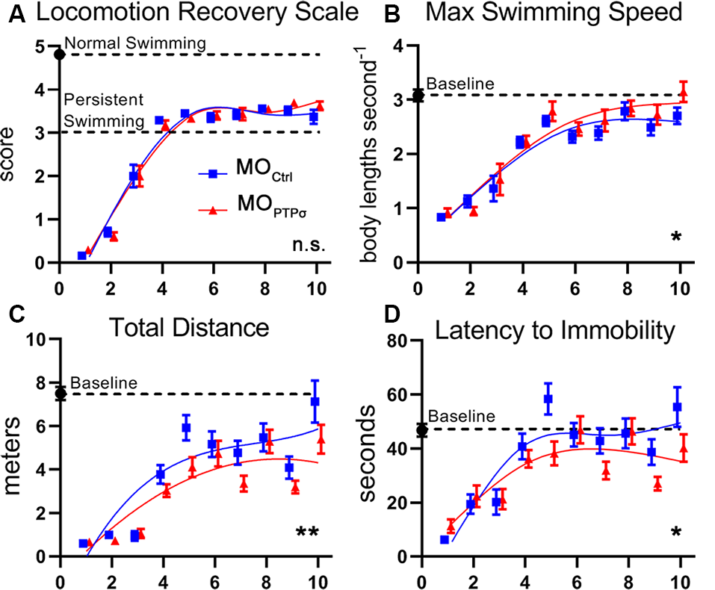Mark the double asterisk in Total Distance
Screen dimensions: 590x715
(x=308, y=532)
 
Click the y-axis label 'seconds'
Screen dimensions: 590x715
(x=376, y=451)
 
